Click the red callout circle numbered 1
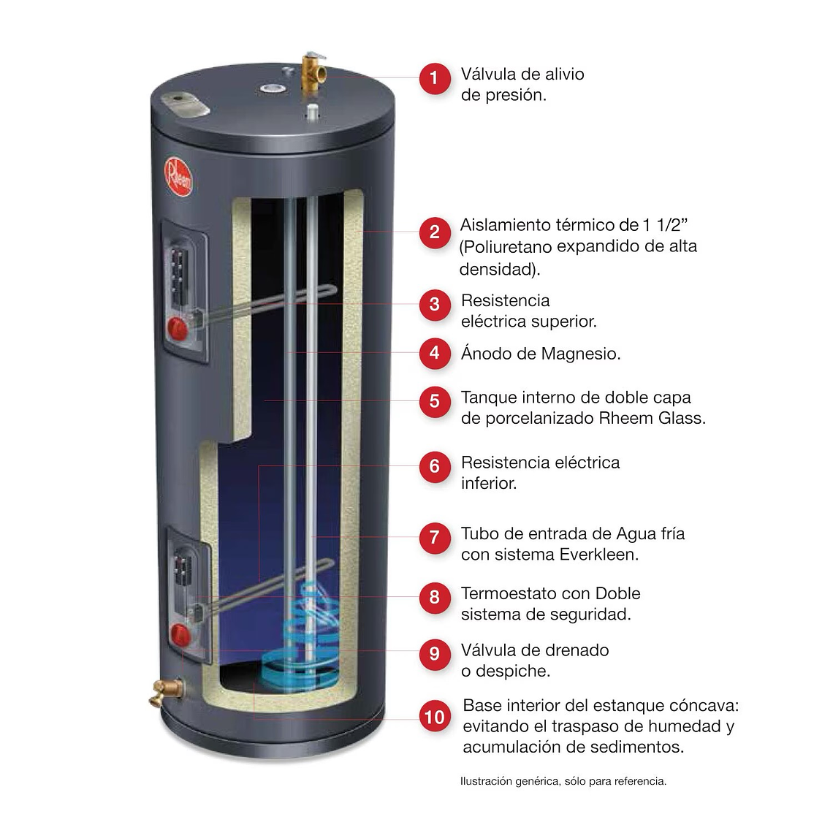435,77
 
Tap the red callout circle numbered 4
435,354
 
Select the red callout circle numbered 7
435,538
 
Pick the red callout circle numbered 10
435,718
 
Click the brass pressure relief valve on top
313,71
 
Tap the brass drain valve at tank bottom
162,691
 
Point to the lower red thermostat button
179,634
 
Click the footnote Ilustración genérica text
563,781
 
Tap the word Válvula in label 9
487,650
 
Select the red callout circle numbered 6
435,466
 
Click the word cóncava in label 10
704,707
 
